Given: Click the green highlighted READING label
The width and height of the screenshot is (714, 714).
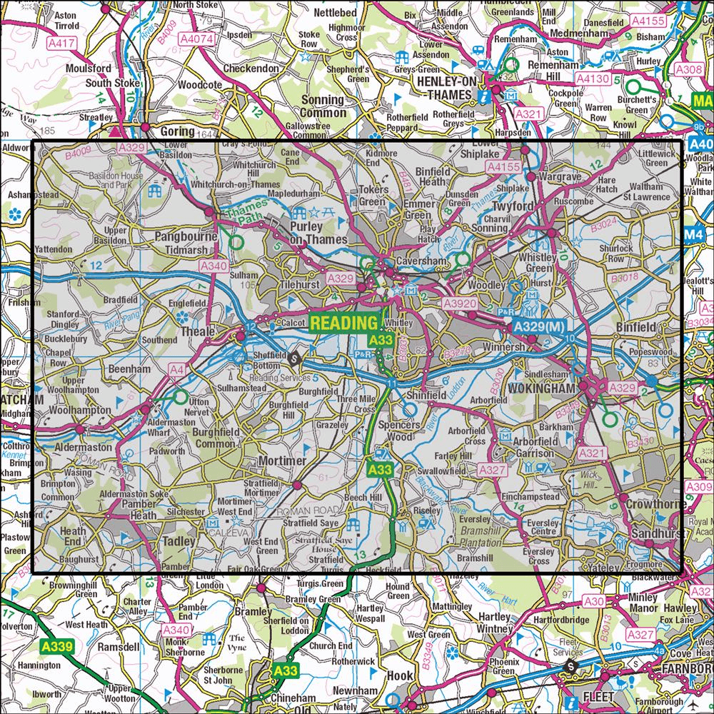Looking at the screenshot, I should [x=343, y=323].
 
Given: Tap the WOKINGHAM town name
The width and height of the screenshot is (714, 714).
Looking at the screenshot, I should [x=543, y=388].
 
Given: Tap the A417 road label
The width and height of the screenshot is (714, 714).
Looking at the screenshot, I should [x=64, y=44].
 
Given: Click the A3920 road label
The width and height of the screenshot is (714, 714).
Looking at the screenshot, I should [x=458, y=304].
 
